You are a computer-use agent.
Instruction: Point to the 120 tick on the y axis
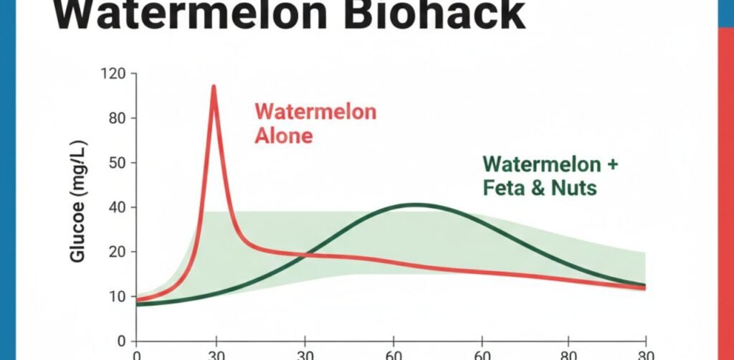pos(113,74)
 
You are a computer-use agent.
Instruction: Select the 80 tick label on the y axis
pos(117,118)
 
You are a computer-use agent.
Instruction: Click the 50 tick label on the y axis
pos(117,163)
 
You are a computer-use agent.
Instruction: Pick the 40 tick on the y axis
pos(117,208)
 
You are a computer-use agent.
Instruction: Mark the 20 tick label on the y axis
pos(117,252)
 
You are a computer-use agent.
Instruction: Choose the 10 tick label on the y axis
pos(117,297)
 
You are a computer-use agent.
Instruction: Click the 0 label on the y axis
pos(121,341)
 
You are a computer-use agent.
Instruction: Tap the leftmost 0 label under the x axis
pos(136,355)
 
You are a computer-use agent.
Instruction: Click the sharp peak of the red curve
pos(214,87)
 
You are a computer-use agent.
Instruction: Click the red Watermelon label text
pos(315,113)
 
